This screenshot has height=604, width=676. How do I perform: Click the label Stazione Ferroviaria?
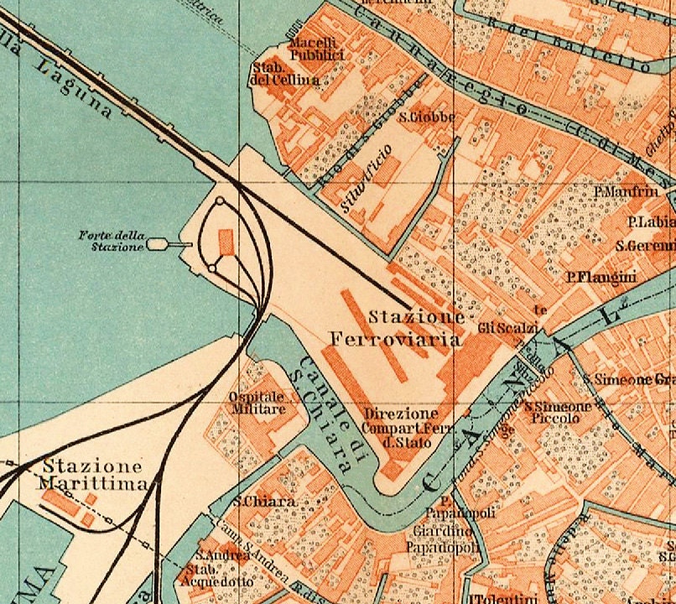tap(396, 329)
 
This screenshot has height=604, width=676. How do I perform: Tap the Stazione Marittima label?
tap(92, 475)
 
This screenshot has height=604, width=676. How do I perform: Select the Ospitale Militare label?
tap(257, 403)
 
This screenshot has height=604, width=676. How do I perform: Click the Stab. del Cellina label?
tap(284, 74)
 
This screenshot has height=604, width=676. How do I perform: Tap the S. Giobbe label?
tap(427, 117)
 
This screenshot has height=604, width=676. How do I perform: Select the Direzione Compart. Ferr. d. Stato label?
tap(400, 427)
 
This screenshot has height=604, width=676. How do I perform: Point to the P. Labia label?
tap(651, 222)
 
